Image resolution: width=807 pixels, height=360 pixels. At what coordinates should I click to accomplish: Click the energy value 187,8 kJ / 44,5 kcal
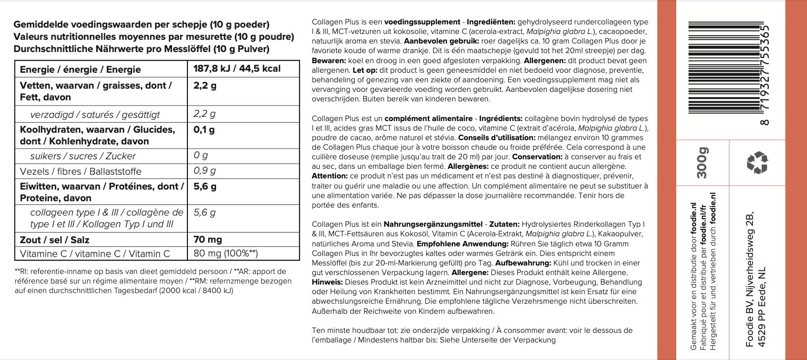click(237, 70)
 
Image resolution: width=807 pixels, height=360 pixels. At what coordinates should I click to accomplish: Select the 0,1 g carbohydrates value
click(204, 130)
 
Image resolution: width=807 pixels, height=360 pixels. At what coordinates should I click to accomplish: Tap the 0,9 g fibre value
click(205, 171)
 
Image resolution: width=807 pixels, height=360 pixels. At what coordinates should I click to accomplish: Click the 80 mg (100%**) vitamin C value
click(225, 254)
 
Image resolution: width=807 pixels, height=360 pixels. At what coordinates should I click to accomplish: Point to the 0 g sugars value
click(201, 156)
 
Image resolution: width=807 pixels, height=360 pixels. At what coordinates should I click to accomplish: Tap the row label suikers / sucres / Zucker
click(83, 156)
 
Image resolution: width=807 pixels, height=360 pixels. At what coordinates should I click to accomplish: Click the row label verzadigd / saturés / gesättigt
click(95, 115)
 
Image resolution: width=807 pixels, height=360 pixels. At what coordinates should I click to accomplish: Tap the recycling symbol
click(757, 163)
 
